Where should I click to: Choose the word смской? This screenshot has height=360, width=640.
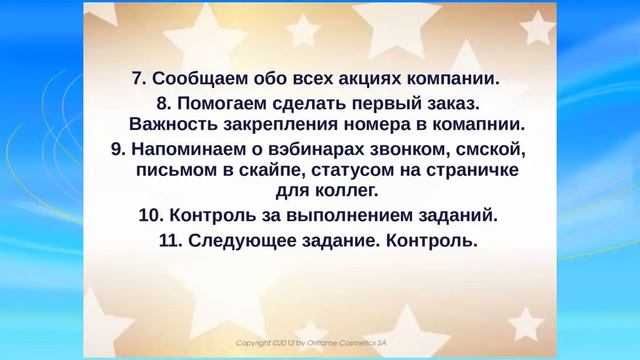pyautogui.click(x=478, y=149)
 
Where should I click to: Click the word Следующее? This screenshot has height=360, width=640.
pyautogui.click(x=236, y=241)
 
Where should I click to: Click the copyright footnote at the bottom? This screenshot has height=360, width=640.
pyautogui.click(x=319, y=342)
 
